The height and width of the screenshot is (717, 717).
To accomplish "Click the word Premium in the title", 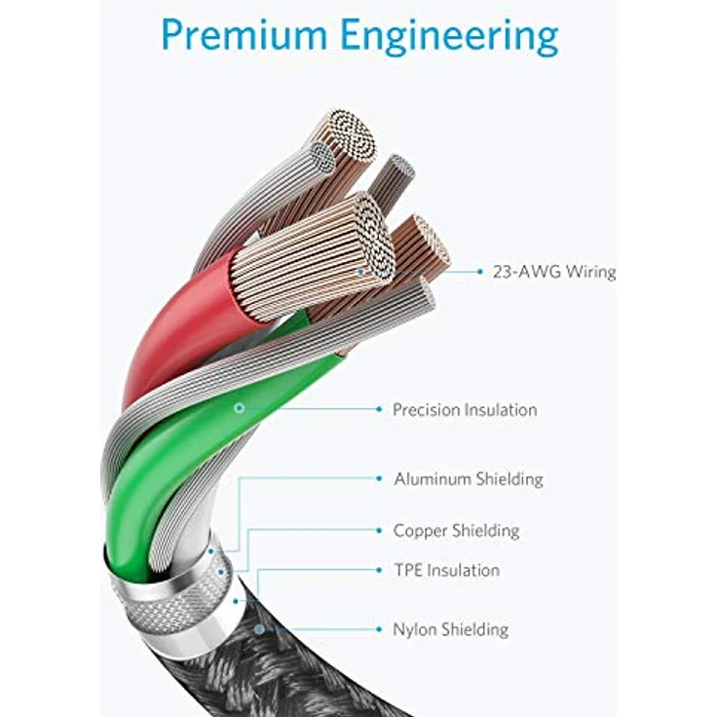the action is click(x=245, y=35).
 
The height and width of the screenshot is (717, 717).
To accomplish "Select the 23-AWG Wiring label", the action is click(x=553, y=272).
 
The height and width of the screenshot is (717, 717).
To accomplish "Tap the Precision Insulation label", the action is click(x=465, y=409).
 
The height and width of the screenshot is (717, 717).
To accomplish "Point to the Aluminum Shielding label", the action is click(x=469, y=479).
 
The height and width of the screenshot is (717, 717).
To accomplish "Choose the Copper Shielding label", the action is click(x=456, y=531).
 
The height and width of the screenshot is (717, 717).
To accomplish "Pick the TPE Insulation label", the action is click(x=447, y=570).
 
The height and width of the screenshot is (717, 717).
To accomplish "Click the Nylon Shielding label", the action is click(x=450, y=629).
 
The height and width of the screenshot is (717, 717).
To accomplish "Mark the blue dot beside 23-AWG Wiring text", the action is click(x=480, y=272).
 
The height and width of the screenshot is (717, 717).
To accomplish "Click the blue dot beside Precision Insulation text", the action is click(x=379, y=409).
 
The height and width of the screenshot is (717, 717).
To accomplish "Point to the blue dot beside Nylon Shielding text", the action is click(x=379, y=629).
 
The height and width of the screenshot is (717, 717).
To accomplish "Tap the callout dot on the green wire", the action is click(x=240, y=408).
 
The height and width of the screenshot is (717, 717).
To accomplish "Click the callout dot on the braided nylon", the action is click(x=259, y=629).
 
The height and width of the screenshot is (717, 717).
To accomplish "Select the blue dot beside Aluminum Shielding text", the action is click(x=379, y=478).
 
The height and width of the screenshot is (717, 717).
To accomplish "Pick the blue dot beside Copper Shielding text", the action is click(x=379, y=530).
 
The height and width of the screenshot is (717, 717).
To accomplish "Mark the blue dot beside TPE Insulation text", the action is click(x=379, y=570).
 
